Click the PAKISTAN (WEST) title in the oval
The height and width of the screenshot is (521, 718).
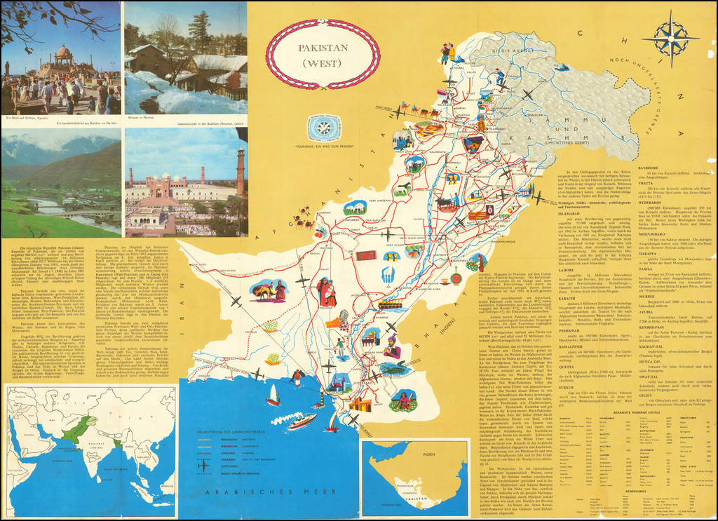tap(323, 55)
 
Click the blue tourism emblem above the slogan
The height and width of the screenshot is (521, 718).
tap(324, 126)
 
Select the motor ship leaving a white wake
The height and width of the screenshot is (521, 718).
tap(302, 420)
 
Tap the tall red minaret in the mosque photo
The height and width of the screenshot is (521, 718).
tap(240, 172)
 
